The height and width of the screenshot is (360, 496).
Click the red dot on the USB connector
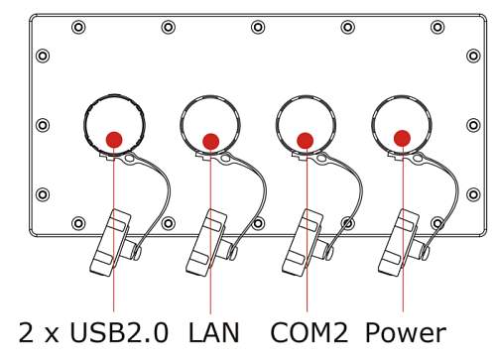(x=114, y=140)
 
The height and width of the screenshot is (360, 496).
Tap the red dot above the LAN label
(x=210, y=142)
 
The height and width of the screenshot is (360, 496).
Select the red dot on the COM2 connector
(x=306, y=141)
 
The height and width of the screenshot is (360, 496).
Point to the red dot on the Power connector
(x=402, y=139)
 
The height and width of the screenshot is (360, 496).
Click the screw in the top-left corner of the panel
(x=78, y=27)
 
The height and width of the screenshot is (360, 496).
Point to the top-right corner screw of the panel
(x=437, y=27)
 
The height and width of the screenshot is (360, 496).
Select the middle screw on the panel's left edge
(x=43, y=125)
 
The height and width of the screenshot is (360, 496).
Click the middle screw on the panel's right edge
(x=472, y=125)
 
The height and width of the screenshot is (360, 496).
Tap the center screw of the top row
(x=258, y=27)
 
